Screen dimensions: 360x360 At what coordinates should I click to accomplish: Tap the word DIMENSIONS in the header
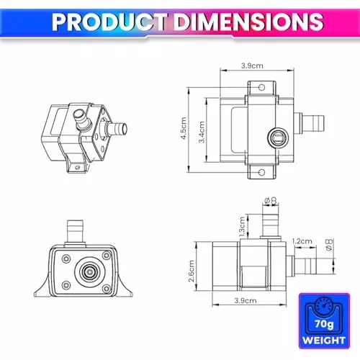click(238, 22)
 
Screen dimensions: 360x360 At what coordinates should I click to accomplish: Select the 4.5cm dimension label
click(184, 130)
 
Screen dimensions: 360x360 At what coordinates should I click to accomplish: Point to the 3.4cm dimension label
click(202, 130)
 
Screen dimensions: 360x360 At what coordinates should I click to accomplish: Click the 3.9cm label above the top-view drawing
click(251, 66)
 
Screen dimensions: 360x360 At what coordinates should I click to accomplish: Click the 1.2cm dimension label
click(300, 242)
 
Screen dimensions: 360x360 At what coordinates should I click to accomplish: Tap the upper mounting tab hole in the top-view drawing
click(260, 89)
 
